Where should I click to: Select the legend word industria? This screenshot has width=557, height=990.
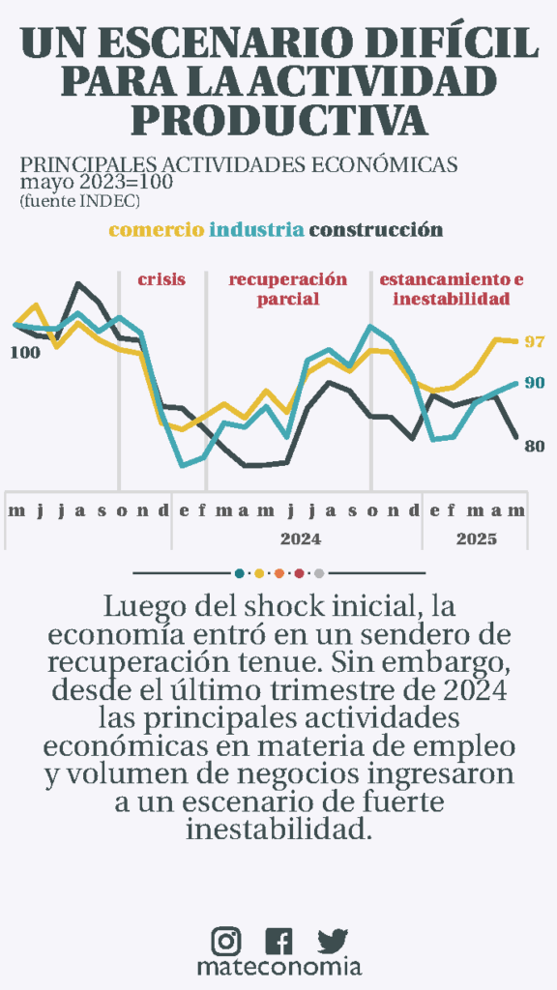pos(256,229)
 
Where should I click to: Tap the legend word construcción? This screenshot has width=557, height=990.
pos(376,230)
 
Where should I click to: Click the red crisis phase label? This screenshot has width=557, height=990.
pos(161,279)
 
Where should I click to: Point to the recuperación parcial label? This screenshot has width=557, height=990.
pos(288,289)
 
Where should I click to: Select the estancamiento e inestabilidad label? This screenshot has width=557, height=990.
pos(452,289)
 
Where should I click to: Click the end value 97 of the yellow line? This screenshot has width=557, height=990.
pos(535,341)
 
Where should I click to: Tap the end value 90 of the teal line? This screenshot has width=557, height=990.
pos(535,383)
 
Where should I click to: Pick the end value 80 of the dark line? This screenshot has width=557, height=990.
pos(534,446)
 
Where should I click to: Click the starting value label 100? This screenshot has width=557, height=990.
pos(25,353)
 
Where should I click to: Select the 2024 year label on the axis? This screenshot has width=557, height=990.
pos(301,539)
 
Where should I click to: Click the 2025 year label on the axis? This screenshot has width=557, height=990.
pos(477,539)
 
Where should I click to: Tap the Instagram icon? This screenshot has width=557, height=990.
pos(226,941)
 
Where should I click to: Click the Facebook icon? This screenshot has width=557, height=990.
pos(278,941)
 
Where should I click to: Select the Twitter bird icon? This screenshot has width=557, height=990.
pos(333,941)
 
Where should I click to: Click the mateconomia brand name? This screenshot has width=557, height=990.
pos(279,967)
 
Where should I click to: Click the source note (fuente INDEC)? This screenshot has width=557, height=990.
pos(80,201)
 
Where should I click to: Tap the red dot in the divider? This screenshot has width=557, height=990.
pos(300,573)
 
